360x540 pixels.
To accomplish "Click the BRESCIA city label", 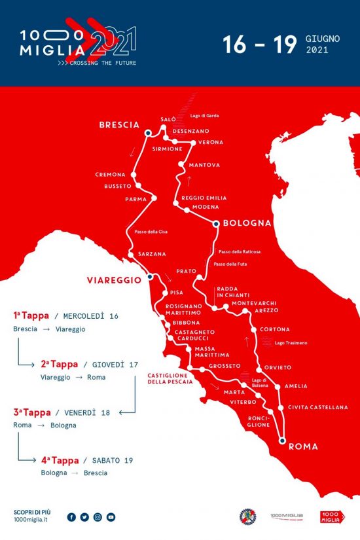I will pyautogui.click(x=119, y=124).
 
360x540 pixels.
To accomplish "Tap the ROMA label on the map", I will pyautogui.click(x=302, y=446).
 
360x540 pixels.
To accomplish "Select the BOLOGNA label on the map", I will pyautogui.click(x=247, y=223).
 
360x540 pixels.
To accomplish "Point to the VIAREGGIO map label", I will pyautogui.click(x=114, y=279).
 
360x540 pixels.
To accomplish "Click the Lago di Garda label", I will pyautogui.click(x=204, y=116).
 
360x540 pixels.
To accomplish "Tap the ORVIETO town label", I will pyautogui.click(x=278, y=367).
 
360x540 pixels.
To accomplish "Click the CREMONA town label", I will pyautogui.click(x=110, y=175).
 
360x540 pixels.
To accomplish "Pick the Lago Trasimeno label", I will pyautogui.click(x=291, y=342).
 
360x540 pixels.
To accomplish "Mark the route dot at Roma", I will pyautogui.click(x=282, y=441).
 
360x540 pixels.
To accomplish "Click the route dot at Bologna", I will pyautogui.click(x=217, y=223).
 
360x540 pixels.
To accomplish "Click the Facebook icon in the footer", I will pyautogui.click(x=71, y=517).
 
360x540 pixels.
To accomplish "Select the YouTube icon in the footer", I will pyautogui.click(x=111, y=517).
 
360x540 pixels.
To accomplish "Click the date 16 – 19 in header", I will pyautogui.click(x=261, y=44).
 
